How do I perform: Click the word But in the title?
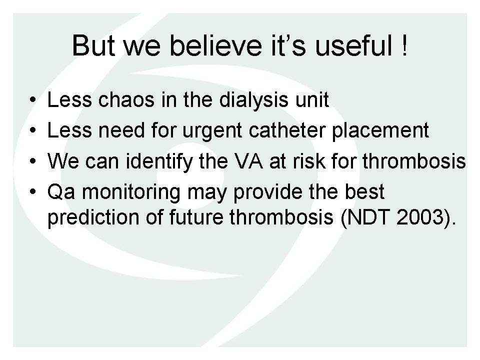tap(93, 45)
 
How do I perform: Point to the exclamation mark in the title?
tap(404, 45)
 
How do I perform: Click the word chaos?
tap(126, 99)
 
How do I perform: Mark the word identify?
tap(159, 162)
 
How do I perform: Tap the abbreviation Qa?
tap(61, 192)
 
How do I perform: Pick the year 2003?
tap(420, 217)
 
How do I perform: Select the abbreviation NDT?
tap(368, 217)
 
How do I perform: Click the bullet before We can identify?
tap(33, 161)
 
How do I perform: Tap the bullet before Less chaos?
tap(33, 100)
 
